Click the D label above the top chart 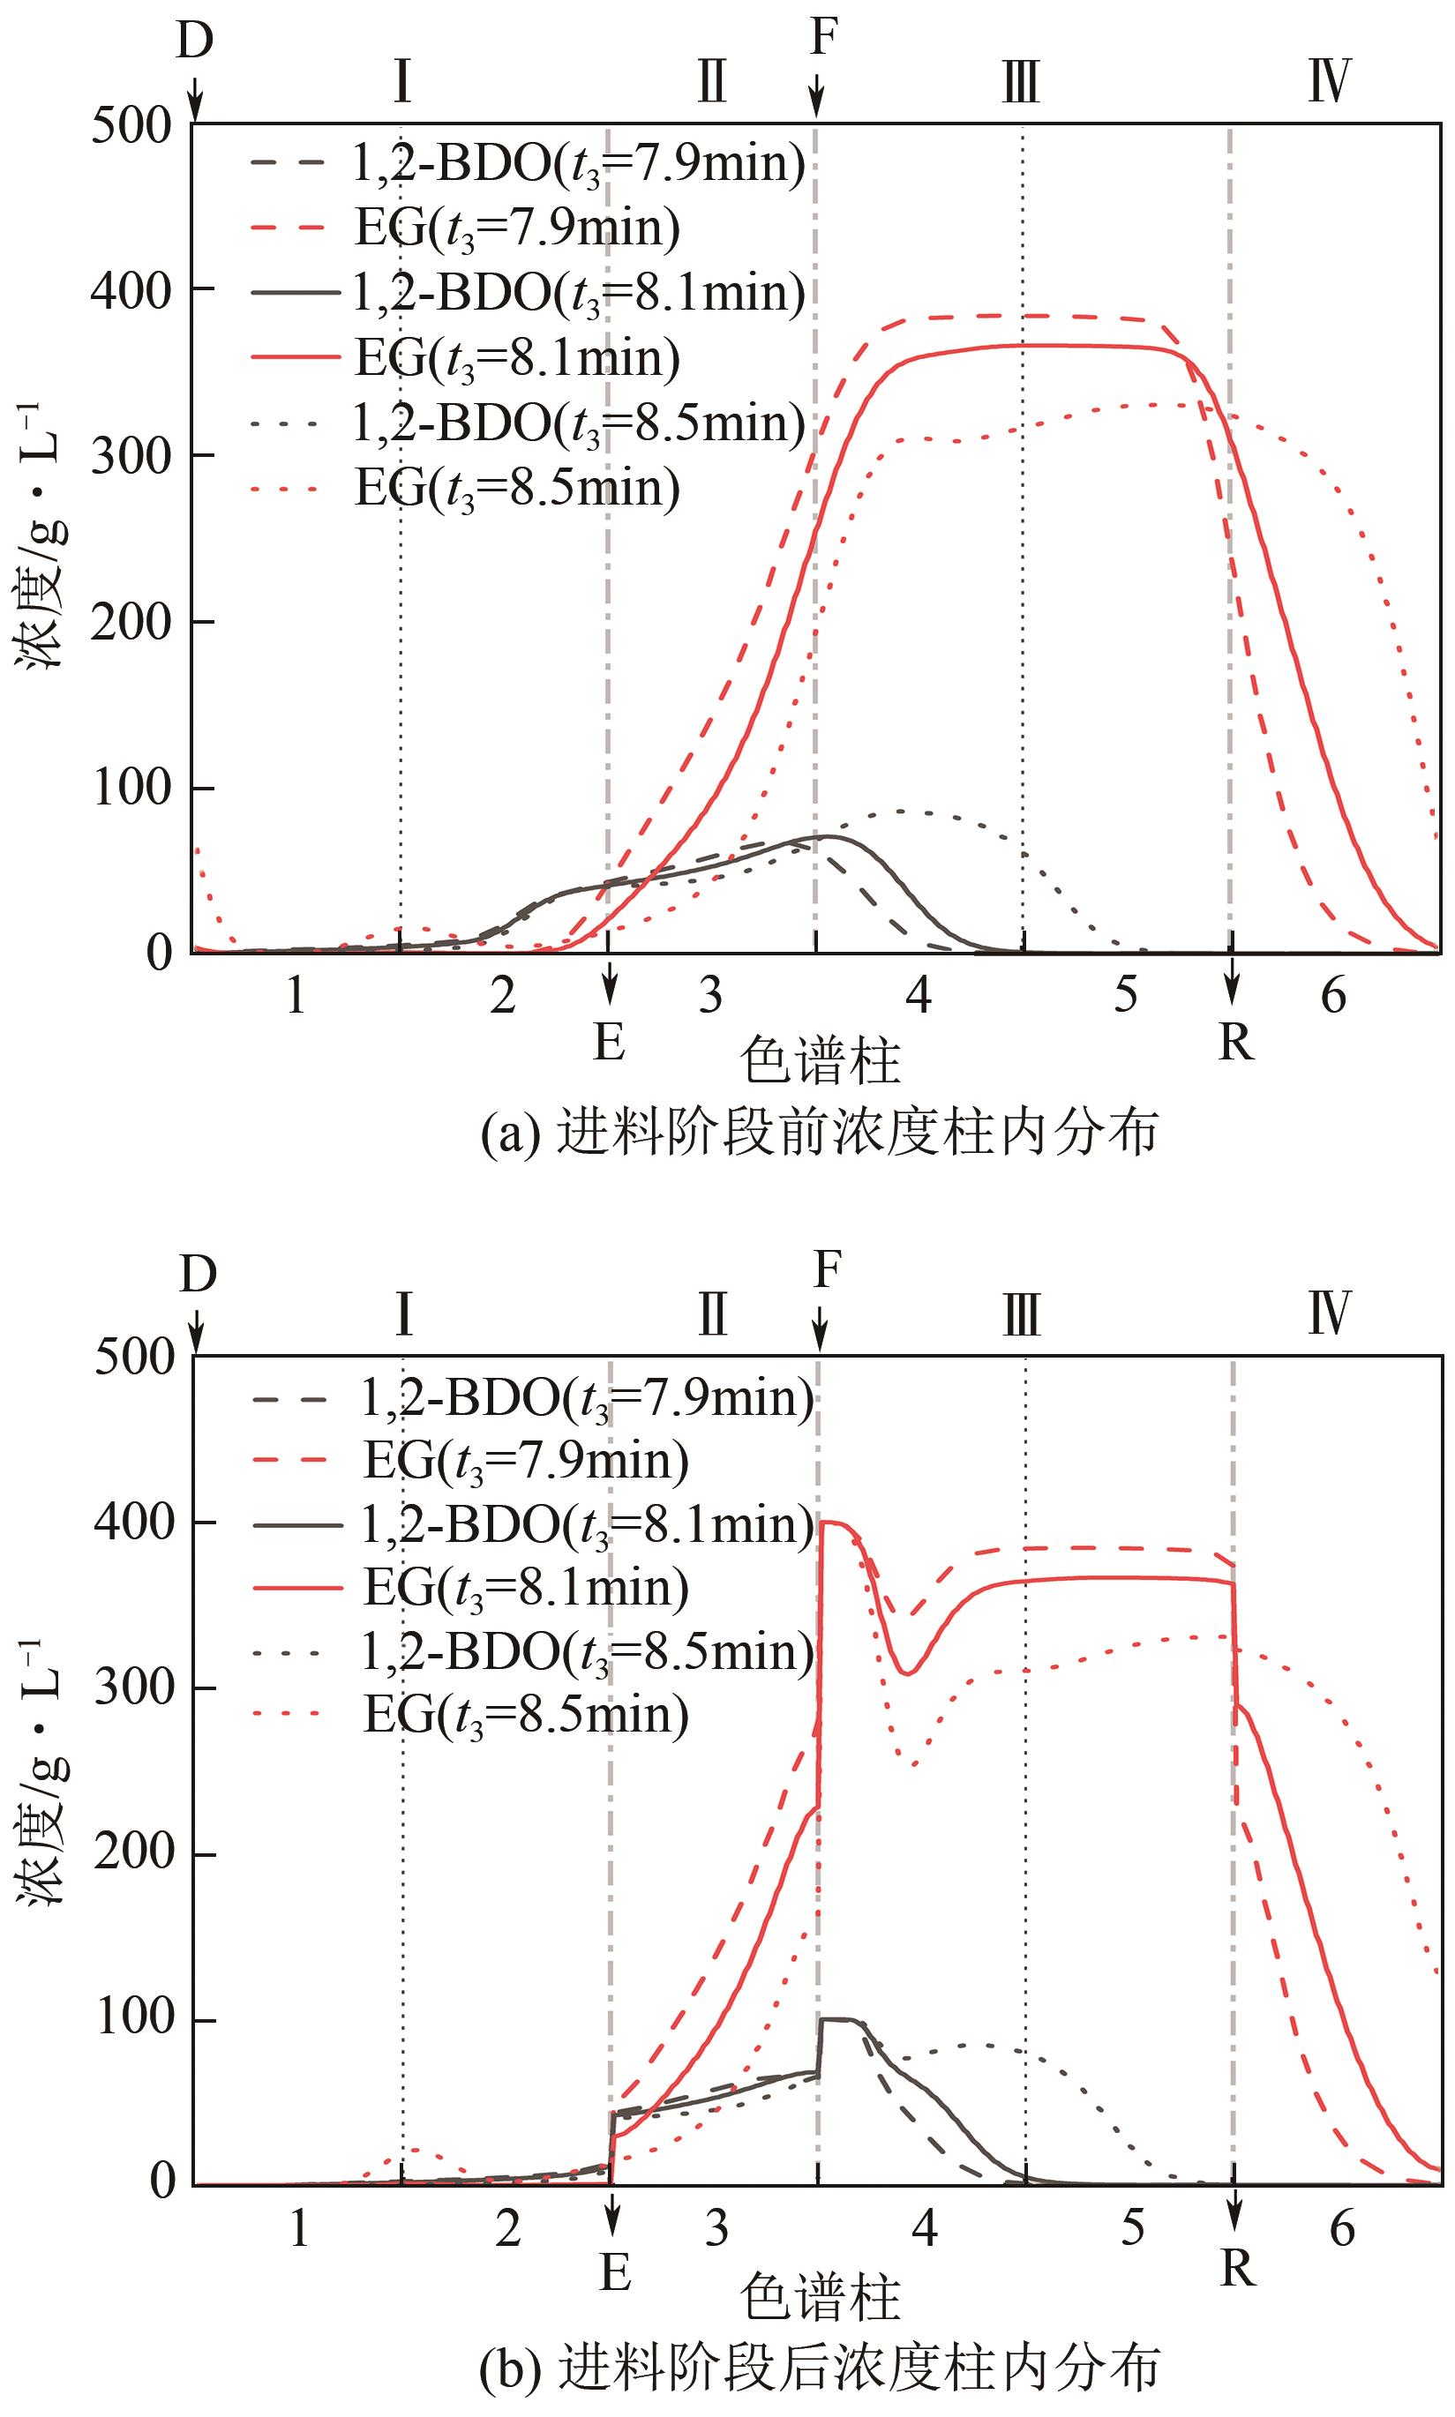point(195,41)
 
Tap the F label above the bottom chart point(828,1271)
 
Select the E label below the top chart point(610,1041)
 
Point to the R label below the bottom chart point(1237,2267)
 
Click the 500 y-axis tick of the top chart point(131,126)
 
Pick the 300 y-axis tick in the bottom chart point(134,1688)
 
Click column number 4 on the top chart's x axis point(918,996)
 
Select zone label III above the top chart point(1021,82)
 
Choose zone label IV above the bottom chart point(1331,1315)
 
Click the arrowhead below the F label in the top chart point(817,104)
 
